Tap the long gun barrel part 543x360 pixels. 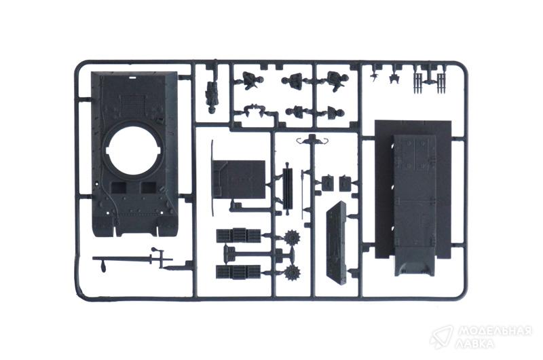click(132, 259)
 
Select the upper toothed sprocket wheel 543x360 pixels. click(292, 238)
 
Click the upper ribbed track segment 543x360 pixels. click(239, 235)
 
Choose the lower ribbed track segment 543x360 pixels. click(238, 272)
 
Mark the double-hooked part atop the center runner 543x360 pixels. click(312, 140)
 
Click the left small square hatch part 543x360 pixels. click(327, 183)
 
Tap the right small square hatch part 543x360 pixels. click(345, 183)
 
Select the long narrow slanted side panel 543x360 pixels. click(336, 242)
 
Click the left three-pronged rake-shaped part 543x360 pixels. click(418, 83)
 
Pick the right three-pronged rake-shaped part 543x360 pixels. click(441, 83)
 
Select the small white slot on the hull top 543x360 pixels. click(132, 77)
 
